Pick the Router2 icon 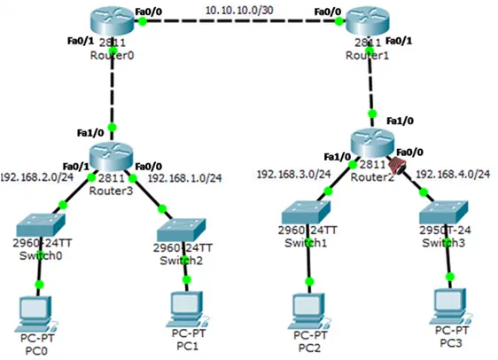pyautogui.click(x=372, y=143)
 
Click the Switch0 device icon pyautogui.click(x=41, y=224)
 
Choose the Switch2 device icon pyautogui.click(x=182, y=230)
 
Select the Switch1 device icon pyautogui.click(x=307, y=212)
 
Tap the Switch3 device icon pyautogui.click(x=443, y=212)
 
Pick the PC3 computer pyautogui.click(x=450, y=306)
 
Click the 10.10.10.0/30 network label pyautogui.click(x=239, y=10)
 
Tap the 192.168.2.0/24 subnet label pyautogui.click(x=37, y=177)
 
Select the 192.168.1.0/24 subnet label pyautogui.click(x=185, y=178)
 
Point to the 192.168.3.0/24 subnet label pyautogui.click(x=294, y=174)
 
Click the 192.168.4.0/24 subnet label pyautogui.click(x=453, y=174)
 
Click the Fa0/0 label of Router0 pyautogui.click(x=148, y=12)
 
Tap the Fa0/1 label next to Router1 pyautogui.click(x=399, y=41)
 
